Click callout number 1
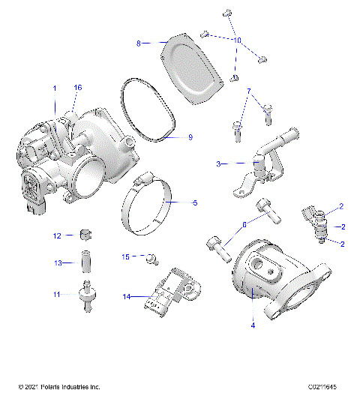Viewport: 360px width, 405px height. click(x=54, y=88)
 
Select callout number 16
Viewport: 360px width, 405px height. click(x=76, y=88)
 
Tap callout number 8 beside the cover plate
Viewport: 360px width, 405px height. click(x=138, y=44)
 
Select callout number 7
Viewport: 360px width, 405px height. click(x=247, y=91)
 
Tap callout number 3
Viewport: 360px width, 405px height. click(x=218, y=163)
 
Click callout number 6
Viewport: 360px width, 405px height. click(x=243, y=224)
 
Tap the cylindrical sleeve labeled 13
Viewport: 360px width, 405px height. click(x=85, y=263)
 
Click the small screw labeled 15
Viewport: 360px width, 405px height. click(x=151, y=259)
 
